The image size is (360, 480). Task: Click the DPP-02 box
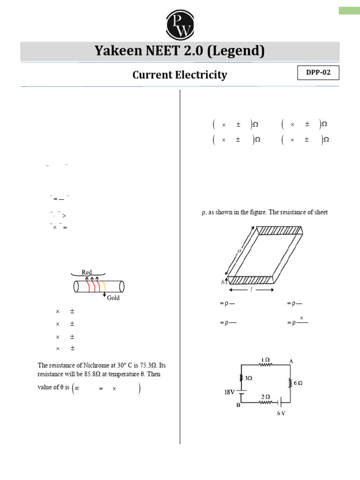318,74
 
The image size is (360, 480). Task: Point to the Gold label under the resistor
113,298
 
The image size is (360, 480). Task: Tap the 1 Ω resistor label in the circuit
265,360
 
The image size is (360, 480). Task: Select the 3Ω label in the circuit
247,378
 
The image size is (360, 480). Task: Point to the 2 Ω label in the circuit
265,396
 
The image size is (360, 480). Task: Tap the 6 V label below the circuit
281,413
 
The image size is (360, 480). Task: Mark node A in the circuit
291,361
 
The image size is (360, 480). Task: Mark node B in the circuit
238,406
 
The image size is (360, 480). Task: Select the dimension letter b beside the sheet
223,283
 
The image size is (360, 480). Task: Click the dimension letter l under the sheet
252,290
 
